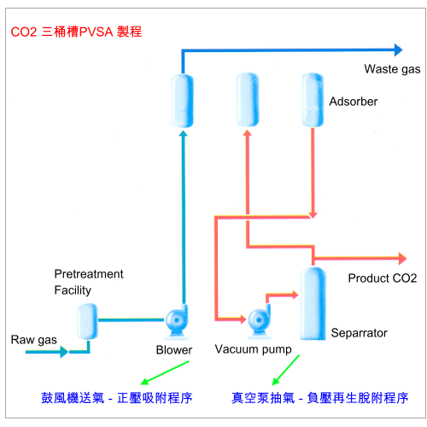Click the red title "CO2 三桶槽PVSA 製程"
[76, 32]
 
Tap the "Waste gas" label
[392, 69]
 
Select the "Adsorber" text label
[354, 102]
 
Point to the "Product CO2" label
[383, 278]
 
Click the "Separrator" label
[359, 333]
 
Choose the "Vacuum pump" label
[253, 349]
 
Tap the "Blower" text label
[174, 350]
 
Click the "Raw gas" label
[33, 340]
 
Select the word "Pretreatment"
[89, 274]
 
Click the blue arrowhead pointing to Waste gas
[399, 50]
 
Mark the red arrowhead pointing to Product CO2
[402, 259]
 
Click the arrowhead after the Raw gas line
[64, 352]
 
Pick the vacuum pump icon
[259, 321]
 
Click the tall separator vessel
[313, 303]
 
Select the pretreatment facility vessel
[88, 322]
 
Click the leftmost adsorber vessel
[183, 101]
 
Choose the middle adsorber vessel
[248, 100]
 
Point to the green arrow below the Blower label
[165, 373]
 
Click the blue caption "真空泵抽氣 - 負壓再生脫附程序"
[320, 398]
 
